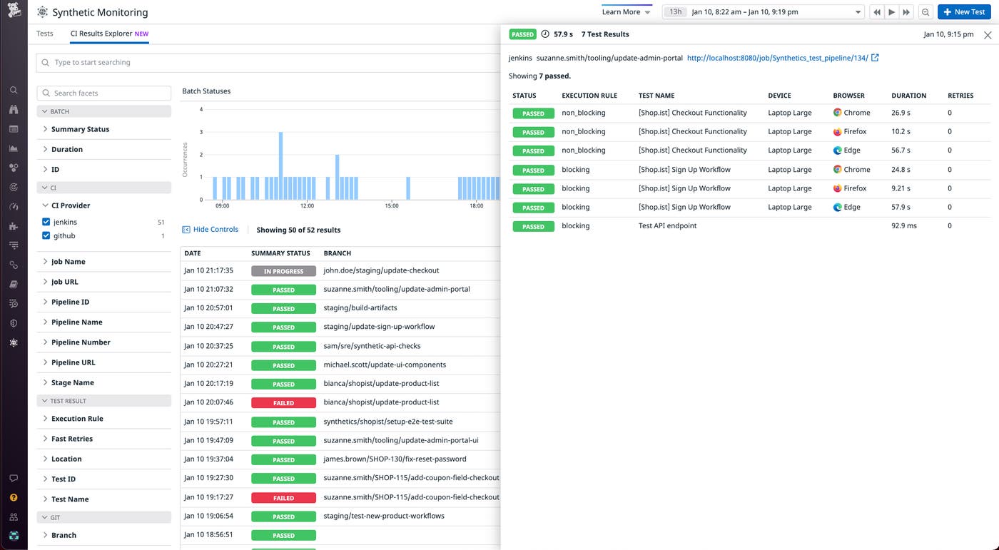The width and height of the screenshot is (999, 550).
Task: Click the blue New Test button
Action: (963, 12)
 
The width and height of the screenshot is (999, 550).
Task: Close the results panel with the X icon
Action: (988, 35)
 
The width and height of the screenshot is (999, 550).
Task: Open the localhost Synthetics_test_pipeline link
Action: (778, 58)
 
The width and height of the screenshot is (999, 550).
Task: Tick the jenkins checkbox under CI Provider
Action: (46, 223)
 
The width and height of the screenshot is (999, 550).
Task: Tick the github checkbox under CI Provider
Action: (46, 236)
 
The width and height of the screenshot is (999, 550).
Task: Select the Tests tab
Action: (45, 34)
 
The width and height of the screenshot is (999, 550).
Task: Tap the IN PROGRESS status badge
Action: (283, 271)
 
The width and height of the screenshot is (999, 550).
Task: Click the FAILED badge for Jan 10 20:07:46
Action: (283, 403)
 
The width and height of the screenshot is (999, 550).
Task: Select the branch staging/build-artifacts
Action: (360, 308)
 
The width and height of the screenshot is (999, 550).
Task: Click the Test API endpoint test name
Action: (667, 226)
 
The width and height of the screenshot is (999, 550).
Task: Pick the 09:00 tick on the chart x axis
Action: (222, 206)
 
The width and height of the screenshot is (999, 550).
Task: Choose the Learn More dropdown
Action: (626, 12)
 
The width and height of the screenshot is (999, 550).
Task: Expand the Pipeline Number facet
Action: (81, 342)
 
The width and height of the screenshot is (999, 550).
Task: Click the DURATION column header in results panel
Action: (908, 96)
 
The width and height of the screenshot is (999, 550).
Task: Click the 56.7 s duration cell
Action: (901, 151)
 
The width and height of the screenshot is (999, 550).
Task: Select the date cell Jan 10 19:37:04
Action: (209, 459)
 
